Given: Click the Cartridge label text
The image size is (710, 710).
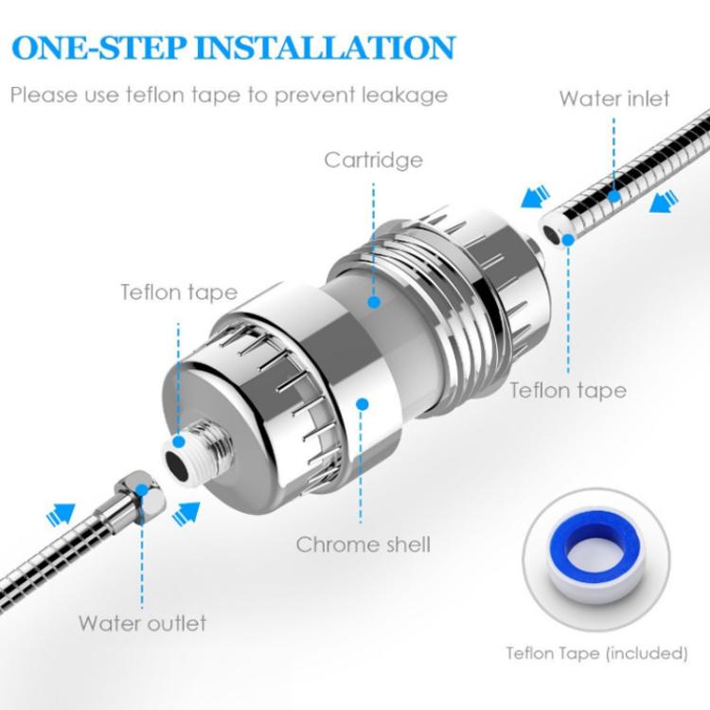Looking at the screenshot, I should click(373, 160).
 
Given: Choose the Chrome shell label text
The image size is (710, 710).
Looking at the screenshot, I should click(363, 544).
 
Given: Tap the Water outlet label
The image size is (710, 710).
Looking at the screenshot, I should click(142, 623).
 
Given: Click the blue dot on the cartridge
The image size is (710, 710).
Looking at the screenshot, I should click(374, 303).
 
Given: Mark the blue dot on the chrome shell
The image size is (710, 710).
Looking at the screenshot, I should click(361, 404).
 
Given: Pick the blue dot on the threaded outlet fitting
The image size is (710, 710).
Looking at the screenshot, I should click(179, 441).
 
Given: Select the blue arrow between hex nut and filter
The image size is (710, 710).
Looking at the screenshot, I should click(187, 512).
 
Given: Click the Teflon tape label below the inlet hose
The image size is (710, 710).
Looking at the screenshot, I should click(568, 389).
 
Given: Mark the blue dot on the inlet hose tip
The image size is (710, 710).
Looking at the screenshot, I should click(568, 241).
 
